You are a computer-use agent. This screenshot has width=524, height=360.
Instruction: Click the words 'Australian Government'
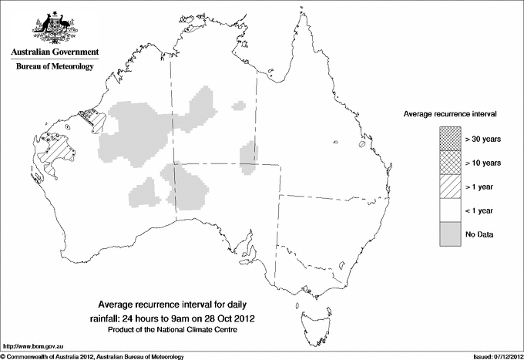click(54, 52)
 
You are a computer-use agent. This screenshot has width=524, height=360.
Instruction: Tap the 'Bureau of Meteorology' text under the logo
click(54, 67)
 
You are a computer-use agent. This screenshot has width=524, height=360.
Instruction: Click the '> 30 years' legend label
click(483, 139)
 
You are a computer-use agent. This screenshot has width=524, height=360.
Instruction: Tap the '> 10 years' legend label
click(483, 162)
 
